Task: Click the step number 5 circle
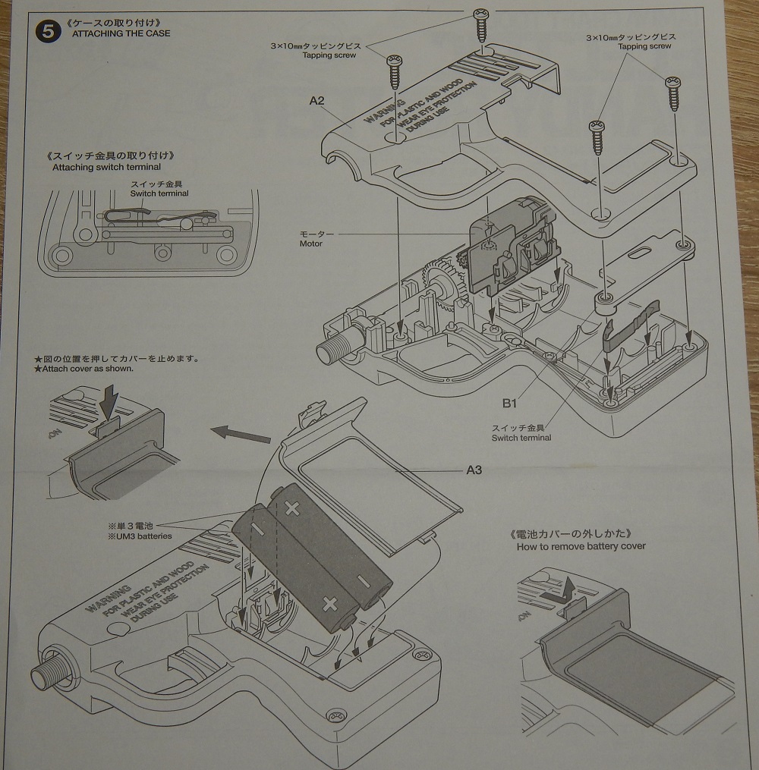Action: click(x=48, y=32)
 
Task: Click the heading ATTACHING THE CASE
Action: click(x=121, y=33)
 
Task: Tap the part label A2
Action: click(x=317, y=99)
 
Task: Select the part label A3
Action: click(x=474, y=470)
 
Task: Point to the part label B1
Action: click(x=510, y=403)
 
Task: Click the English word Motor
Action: click(x=310, y=244)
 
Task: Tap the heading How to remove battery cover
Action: click(x=581, y=546)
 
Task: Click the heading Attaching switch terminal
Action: click(x=106, y=167)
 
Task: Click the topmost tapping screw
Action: click(x=480, y=25)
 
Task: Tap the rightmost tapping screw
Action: click(x=672, y=93)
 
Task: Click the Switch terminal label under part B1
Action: click(x=521, y=438)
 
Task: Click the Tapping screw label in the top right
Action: click(x=644, y=46)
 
